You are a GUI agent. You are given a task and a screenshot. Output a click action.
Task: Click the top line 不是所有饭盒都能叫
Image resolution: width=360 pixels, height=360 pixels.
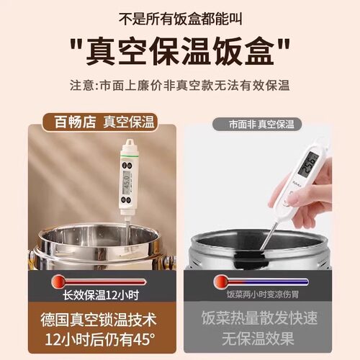pos(180,16)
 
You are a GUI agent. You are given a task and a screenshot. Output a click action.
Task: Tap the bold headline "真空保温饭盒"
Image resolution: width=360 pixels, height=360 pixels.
pos(180,52)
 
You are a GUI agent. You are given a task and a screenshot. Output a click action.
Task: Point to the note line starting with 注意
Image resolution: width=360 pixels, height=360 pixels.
pos(180,86)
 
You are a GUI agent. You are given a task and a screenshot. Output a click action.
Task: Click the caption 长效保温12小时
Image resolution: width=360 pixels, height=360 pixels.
pos(94,295)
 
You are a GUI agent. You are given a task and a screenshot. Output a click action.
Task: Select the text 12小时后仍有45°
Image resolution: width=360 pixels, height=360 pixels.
pos(94,339)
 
